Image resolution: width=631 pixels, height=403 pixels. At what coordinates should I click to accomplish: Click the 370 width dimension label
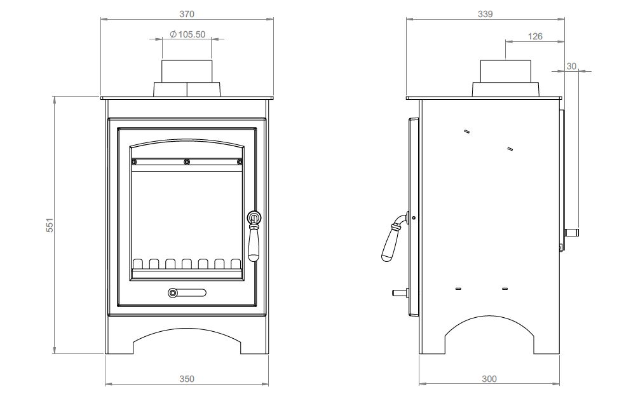[x=187, y=14]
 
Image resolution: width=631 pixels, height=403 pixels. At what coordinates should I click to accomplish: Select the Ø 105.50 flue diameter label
[x=187, y=34]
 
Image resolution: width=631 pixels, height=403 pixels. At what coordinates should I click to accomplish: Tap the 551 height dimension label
[x=50, y=225]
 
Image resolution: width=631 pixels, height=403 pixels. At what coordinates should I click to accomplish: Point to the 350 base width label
[x=187, y=379]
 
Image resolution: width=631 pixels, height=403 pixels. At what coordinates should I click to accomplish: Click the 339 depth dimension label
[x=485, y=14]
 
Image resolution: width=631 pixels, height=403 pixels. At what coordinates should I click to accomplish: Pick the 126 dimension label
[x=535, y=36]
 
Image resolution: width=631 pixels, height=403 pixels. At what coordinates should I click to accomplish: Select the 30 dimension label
[x=571, y=67]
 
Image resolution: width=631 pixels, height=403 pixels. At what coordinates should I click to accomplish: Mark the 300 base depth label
[x=489, y=379]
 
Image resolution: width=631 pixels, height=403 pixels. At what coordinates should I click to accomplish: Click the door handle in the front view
[x=254, y=236]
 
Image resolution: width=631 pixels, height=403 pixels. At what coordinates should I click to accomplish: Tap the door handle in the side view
[x=393, y=238]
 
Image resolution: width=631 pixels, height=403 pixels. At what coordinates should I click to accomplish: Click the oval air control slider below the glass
[x=187, y=292]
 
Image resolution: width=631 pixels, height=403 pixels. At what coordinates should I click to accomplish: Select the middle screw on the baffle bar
[x=187, y=162]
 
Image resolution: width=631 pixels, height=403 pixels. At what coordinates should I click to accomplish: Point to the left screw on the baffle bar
[x=135, y=162]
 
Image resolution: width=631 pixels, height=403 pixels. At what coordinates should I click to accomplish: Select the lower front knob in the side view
[x=400, y=292]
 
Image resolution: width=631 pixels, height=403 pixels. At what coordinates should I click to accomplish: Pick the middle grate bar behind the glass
[x=187, y=264]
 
